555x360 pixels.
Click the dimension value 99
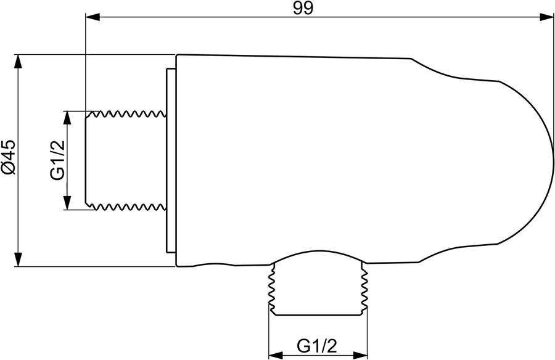(303, 8)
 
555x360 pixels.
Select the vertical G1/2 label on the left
(57, 160)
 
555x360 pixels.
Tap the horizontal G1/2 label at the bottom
(317, 346)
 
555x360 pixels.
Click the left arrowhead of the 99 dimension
(92, 17)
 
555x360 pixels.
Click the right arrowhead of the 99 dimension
(546, 17)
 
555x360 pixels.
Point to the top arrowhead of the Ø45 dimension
(18, 62)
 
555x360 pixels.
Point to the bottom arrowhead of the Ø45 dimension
(18, 260)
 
